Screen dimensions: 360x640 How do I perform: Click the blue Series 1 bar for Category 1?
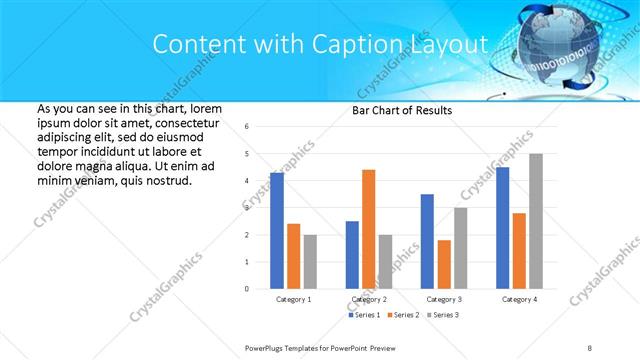click(x=277, y=230)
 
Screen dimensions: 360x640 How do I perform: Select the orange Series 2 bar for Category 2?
click(x=368, y=229)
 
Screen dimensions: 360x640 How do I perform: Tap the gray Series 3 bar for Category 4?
click(x=536, y=221)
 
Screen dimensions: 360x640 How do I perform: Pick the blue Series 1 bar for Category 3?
click(x=427, y=241)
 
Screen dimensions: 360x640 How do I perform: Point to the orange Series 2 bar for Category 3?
click(x=444, y=264)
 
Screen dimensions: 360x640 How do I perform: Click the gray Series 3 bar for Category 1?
click(x=310, y=262)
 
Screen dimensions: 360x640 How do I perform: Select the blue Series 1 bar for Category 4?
click(x=502, y=227)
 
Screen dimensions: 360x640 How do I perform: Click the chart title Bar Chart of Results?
click(x=401, y=110)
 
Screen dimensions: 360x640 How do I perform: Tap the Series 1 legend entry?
click(x=366, y=315)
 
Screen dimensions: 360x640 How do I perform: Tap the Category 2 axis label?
click(x=369, y=299)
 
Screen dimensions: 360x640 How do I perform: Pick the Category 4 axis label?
click(x=519, y=299)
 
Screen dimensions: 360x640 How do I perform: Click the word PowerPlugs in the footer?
click(x=267, y=347)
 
